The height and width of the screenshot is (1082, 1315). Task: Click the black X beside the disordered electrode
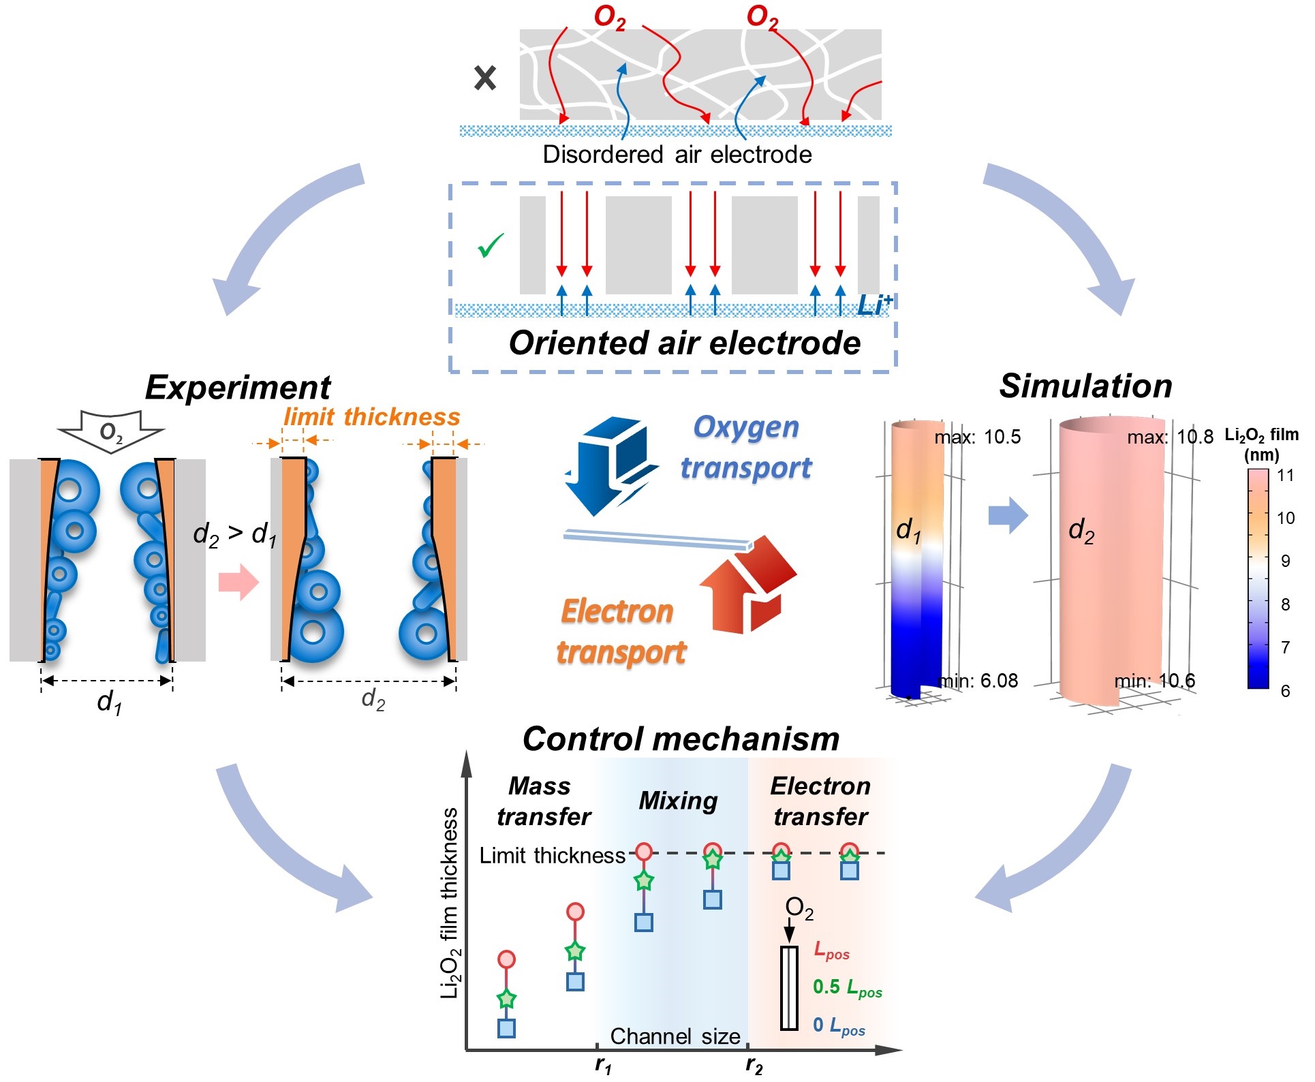484,78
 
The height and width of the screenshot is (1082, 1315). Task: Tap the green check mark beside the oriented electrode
491,245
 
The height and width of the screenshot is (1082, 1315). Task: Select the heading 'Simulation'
1085,386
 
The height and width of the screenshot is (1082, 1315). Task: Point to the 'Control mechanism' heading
681,739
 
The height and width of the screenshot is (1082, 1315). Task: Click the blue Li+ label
874,305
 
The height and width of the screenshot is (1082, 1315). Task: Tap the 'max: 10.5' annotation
977,437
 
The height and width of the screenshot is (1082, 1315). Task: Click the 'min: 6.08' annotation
978,681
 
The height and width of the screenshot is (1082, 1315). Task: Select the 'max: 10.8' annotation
1170,437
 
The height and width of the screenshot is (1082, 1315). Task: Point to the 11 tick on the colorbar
1285,475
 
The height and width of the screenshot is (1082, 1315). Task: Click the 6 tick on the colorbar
1285,691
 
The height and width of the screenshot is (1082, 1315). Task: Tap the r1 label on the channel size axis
603,1064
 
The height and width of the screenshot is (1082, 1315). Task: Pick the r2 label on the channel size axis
754,1064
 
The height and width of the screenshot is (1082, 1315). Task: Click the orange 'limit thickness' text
372,416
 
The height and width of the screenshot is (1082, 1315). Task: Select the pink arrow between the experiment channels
238,583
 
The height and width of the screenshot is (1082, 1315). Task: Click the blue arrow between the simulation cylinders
1008,515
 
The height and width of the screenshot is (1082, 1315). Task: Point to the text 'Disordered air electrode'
677,155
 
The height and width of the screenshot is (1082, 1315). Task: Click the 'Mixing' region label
678,801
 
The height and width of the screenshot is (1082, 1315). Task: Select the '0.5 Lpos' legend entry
847,987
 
